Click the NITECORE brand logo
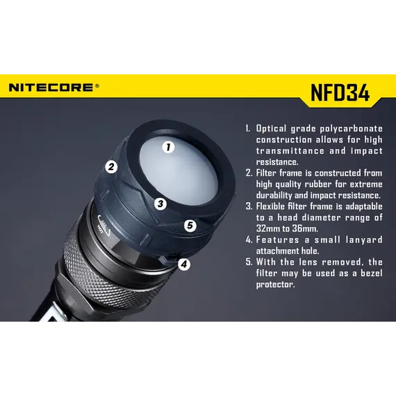[x=51, y=88]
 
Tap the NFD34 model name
[x=340, y=92]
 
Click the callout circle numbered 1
[x=168, y=147]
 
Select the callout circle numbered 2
[x=111, y=167]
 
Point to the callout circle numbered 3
[x=160, y=204]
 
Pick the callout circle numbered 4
[x=184, y=265]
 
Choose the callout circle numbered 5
[x=190, y=225]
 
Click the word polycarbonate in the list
[x=352, y=129]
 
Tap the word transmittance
[x=290, y=151]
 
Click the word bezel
[x=372, y=273]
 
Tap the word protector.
[x=276, y=285]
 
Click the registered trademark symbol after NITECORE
[x=97, y=85]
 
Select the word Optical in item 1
[x=271, y=129]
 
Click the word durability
[x=274, y=195]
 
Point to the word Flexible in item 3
[x=270, y=206]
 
